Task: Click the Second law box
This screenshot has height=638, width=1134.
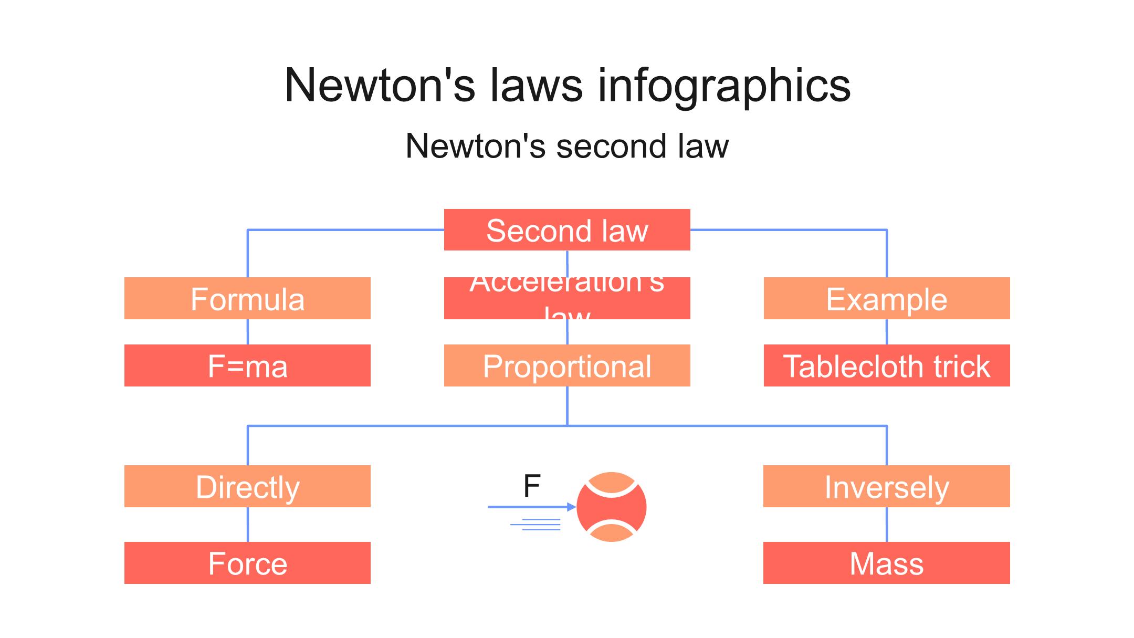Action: click(x=567, y=230)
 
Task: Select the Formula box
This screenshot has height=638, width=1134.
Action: click(x=247, y=298)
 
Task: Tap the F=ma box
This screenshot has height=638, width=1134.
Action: click(x=247, y=365)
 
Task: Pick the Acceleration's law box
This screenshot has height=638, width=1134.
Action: click(x=567, y=298)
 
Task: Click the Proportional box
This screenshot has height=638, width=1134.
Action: click(x=567, y=365)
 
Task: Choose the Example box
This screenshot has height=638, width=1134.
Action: click(x=887, y=298)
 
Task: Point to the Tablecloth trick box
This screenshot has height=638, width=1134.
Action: click(x=887, y=365)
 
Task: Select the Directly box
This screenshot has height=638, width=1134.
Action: click(x=247, y=486)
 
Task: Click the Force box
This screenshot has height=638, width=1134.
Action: click(x=247, y=563)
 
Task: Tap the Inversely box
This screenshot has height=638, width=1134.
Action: click(x=887, y=486)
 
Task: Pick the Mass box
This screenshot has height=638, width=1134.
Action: click(x=887, y=563)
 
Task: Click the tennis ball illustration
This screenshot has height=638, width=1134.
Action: click(x=612, y=507)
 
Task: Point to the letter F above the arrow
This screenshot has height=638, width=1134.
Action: click(x=532, y=486)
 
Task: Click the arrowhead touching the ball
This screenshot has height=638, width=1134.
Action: click(x=572, y=507)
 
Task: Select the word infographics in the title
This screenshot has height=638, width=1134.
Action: click(x=724, y=86)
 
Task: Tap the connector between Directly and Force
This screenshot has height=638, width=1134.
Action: click(x=247, y=525)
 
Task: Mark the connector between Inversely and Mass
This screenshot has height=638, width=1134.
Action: click(x=887, y=525)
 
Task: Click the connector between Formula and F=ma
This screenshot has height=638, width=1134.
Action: click(x=247, y=332)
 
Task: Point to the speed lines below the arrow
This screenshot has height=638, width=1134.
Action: click(x=535, y=525)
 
